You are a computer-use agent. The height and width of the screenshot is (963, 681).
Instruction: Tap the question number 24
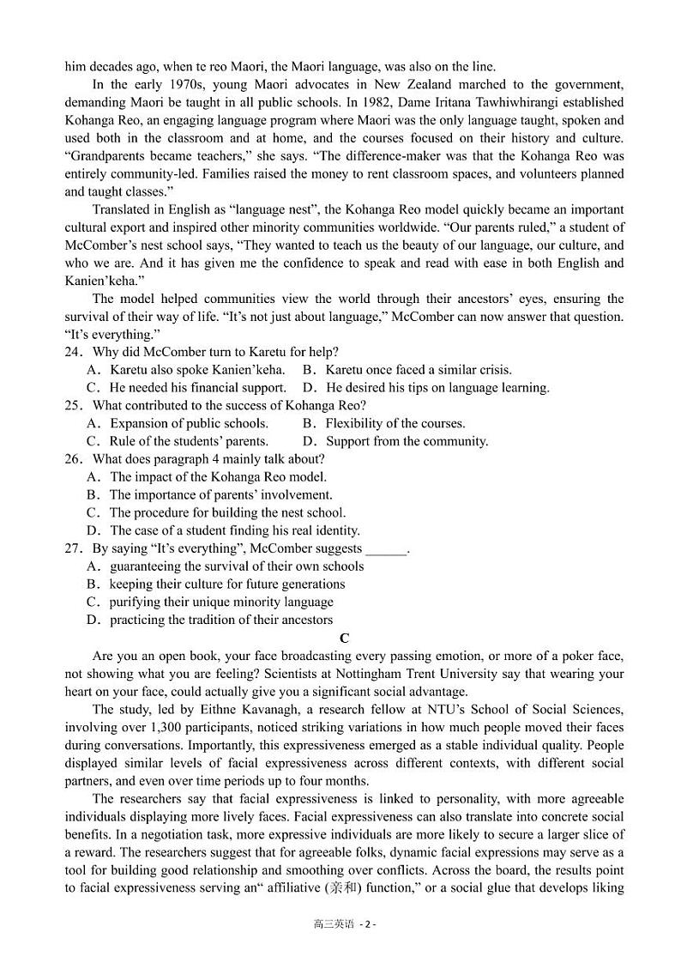pyautogui.click(x=73, y=352)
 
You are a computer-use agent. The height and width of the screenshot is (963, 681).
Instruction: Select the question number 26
pyautogui.click(x=73, y=459)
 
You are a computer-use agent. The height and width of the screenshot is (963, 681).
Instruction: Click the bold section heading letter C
pyautogui.click(x=344, y=638)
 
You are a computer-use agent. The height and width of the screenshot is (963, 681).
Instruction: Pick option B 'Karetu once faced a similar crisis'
pyautogui.click(x=407, y=370)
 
